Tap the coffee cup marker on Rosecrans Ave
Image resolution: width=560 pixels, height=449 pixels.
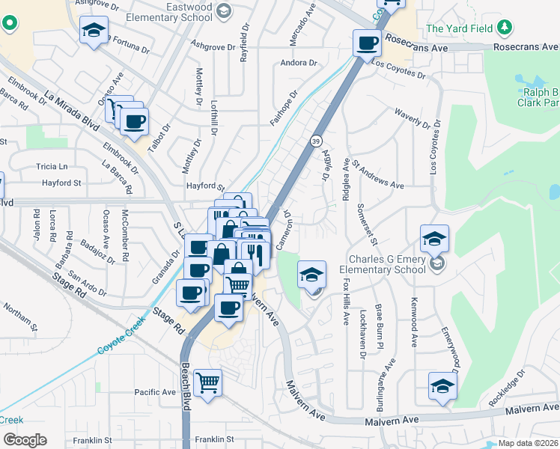coord(366,43)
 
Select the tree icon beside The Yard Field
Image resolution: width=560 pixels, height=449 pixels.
coord(506,28)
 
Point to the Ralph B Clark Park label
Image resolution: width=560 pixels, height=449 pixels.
coord(540,96)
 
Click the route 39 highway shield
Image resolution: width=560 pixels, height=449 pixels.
coord(316,141)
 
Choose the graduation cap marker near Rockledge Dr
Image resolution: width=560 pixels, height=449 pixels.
coord(442,386)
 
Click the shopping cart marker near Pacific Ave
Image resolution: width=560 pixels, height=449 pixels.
coord(208,382)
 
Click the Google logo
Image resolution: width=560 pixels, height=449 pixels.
coord(24,440)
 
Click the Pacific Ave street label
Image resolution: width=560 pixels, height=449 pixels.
coord(155,392)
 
